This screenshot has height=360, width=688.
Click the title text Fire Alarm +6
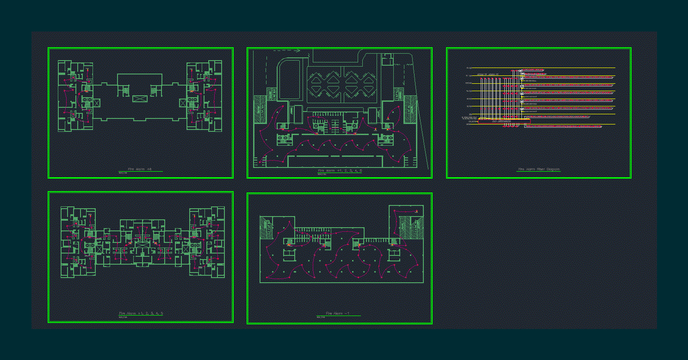[x=140, y=169]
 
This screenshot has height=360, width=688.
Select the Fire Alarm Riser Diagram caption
[x=539, y=169]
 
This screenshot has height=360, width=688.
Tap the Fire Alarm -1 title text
[x=337, y=314]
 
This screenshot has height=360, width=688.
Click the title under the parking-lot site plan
[x=340, y=171]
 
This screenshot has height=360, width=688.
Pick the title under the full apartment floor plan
[x=141, y=314]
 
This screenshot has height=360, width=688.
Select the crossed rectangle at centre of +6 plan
[x=140, y=99]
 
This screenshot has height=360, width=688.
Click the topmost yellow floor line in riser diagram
[x=541, y=68]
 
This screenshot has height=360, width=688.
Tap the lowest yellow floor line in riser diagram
[x=541, y=124]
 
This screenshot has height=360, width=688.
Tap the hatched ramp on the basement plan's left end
[x=267, y=227]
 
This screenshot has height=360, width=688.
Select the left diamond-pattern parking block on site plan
[x=324, y=83]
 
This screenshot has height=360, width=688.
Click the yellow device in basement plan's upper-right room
[x=416, y=212]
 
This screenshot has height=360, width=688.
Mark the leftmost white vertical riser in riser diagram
[x=480, y=97]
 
